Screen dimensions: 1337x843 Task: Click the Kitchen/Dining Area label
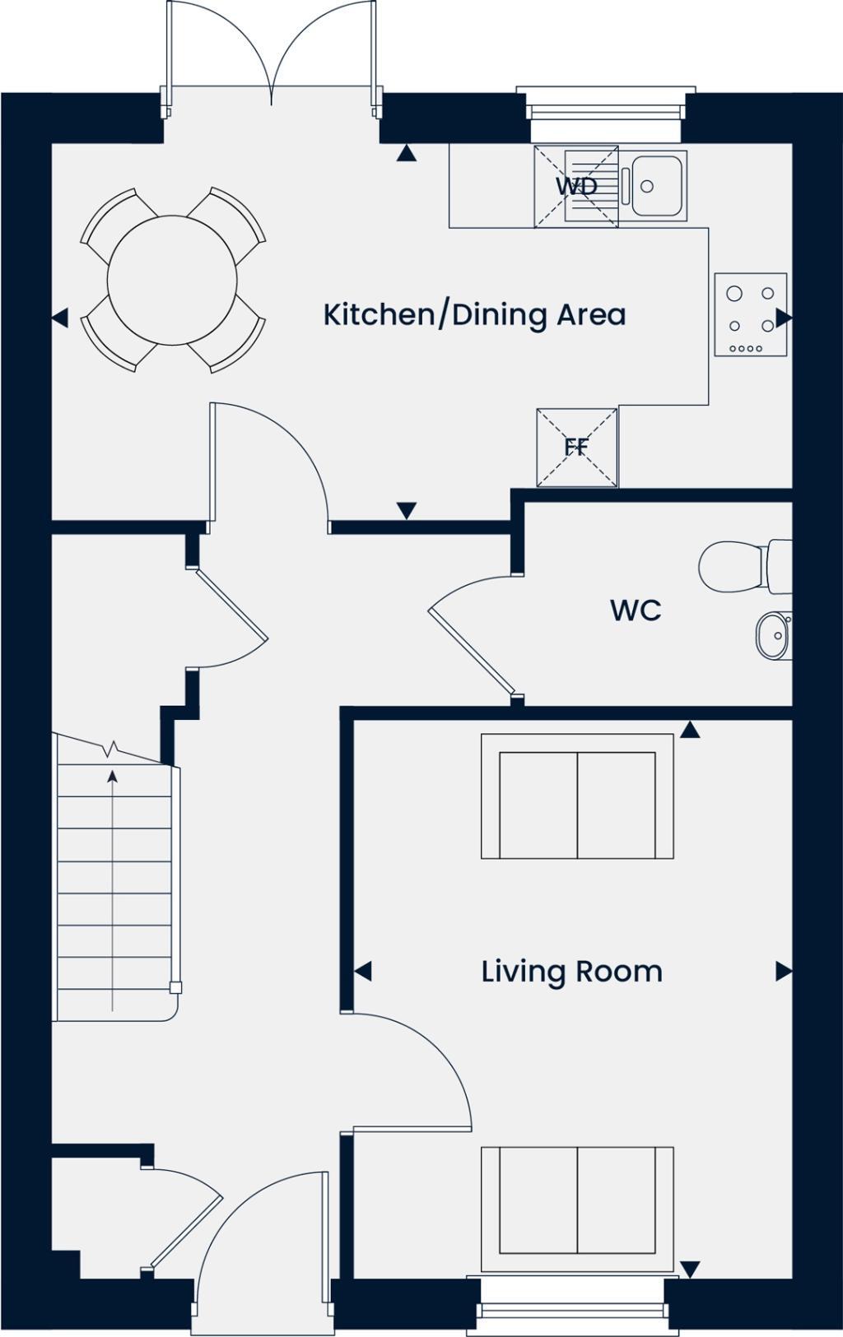474,315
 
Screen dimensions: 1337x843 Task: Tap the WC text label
636,610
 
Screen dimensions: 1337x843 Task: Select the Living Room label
571,972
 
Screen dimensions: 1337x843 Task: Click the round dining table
172,281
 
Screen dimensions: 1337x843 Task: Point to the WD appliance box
576,186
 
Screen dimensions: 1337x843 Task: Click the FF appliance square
576,448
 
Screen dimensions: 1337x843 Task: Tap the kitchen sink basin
655,186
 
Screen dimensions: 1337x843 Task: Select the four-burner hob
750,315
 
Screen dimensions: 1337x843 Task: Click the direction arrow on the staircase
112,775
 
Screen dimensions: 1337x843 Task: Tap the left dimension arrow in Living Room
363,972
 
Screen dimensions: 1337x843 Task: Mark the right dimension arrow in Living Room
783,972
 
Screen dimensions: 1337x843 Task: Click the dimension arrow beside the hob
784,318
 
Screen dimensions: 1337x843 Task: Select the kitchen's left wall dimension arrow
59,318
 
